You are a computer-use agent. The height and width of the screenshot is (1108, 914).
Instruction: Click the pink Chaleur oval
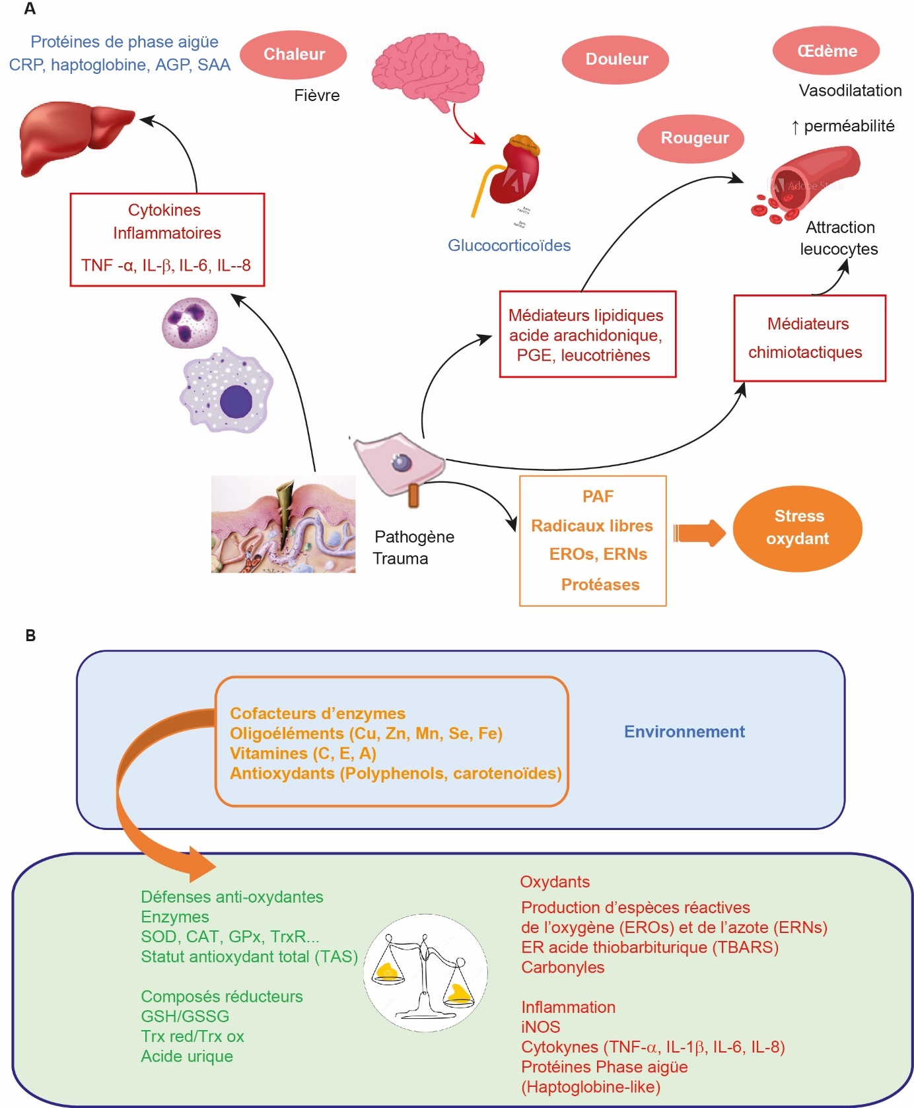pyautogui.click(x=293, y=55)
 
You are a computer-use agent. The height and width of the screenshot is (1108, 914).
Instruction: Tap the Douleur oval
pyautogui.click(x=615, y=59)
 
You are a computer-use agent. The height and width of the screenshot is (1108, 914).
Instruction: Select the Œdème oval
pyautogui.click(x=826, y=51)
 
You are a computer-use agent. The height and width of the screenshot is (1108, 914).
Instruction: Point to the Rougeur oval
pyautogui.click(x=691, y=138)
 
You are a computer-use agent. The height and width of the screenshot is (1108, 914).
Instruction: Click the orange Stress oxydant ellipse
pyautogui.click(x=798, y=528)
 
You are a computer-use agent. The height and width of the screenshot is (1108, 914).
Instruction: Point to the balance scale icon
pyautogui.click(x=425, y=972)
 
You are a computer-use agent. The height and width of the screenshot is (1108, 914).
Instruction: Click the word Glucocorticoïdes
pyautogui.click(x=509, y=246)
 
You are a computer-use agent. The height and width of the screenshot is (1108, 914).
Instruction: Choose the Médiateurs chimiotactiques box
pyautogui.click(x=810, y=338)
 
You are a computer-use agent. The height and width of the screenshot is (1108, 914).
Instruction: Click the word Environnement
pyautogui.click(x=684, y=732)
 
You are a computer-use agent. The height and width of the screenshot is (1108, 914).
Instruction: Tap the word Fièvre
pyautogui.click(x=317, y=96)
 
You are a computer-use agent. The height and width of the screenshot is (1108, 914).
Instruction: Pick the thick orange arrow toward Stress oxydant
pyautogui.click(x=699, y=532)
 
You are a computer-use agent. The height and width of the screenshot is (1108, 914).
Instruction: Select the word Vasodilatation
pyautogui.click(x=850, y=90)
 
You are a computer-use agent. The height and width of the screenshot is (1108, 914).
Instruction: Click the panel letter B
pyautogui.click(x=30, y=636)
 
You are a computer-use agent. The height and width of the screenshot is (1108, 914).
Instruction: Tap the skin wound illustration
pyautogui.click(x=283, y=524)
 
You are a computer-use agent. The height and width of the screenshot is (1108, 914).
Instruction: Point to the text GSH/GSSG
pyautogui.click(x=185, y=1016)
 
